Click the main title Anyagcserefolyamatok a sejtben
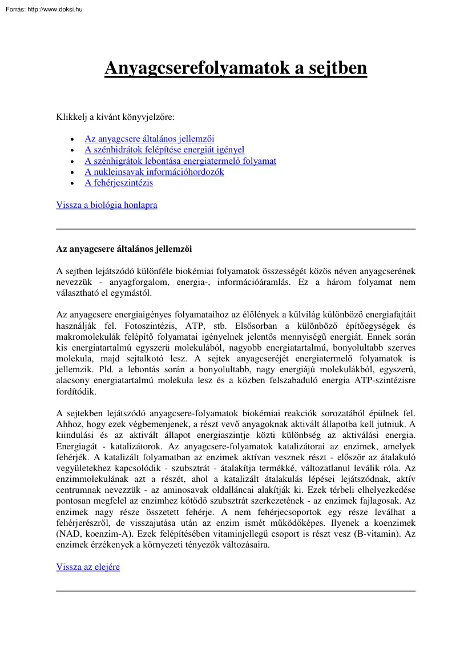[x=236, y=69]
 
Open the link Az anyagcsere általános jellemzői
[x=149, y=139]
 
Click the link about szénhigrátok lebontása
[x=180, y=161]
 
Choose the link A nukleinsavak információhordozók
[x=154, y=172]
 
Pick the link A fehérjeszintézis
[x=119, y=183]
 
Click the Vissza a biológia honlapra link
[x=107, y=205]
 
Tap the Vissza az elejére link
[x=88, y=567]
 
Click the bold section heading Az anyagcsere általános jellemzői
[x=124, y=249]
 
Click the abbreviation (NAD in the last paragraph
[x=68, y=534]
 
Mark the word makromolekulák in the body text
[x=86, y=337]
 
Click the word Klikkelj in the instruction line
[x=71, y=117]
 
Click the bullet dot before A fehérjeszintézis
[x=71, y=184]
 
